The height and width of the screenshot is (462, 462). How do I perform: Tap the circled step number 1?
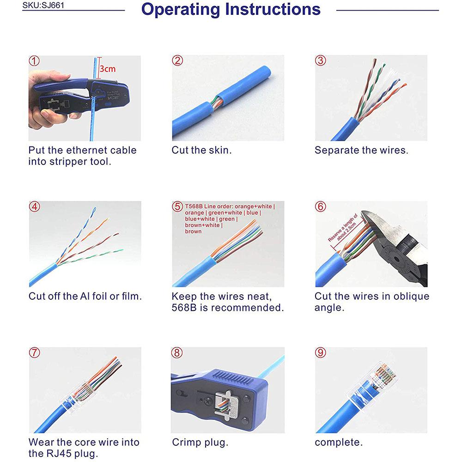(x=34, y=61)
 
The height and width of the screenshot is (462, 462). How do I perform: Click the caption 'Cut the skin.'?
(x=201, y=150)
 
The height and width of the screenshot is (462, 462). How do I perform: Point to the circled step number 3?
(x=320, y=61)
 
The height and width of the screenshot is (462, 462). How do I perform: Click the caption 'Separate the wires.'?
(x=361, y=150)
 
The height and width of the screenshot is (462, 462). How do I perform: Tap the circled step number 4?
(x=34, y=206)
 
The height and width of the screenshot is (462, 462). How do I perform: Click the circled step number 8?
(x=177, y=353)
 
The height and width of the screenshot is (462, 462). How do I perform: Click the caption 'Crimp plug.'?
(x=200, y=443)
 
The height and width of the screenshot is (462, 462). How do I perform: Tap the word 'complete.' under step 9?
(x=339, y=443)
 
